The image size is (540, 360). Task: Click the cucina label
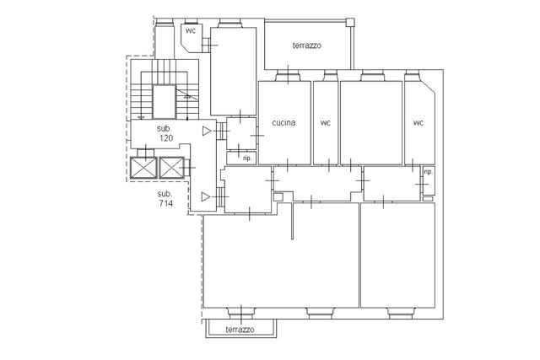[x=283, y=122]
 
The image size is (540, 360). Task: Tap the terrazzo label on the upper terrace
[x=307, y=46]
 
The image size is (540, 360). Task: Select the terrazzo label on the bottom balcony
[x=240, y=330]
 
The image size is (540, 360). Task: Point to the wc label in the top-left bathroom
[x=191, y=30]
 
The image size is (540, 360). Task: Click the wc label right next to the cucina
[x=326, y=122]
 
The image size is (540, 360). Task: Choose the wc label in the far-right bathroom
[x=418, y=122]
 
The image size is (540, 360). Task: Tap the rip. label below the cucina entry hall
[x=247, y=159]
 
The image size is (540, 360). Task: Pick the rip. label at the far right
[x=428, y=172]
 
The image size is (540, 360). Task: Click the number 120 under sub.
[x=166, y=138]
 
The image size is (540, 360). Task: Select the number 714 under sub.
[x=166, y=203]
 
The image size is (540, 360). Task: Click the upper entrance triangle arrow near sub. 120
[x=207, y=131]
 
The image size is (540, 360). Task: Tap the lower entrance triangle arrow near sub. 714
[x=206, y=196]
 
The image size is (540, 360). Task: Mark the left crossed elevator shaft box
[x=143, y=168]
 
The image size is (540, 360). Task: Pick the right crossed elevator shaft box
[x=171, y=168]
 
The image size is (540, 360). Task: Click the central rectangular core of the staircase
[x=165, y=102]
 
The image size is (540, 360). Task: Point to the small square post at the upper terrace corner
[x=350, y=23]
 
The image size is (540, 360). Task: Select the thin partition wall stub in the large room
[x=293, y=221]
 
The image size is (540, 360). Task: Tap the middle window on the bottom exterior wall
[x=321, y=313]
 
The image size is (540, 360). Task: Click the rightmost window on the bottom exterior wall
[x=400, y=313]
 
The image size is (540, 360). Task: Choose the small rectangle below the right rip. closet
[x=428, y=199]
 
